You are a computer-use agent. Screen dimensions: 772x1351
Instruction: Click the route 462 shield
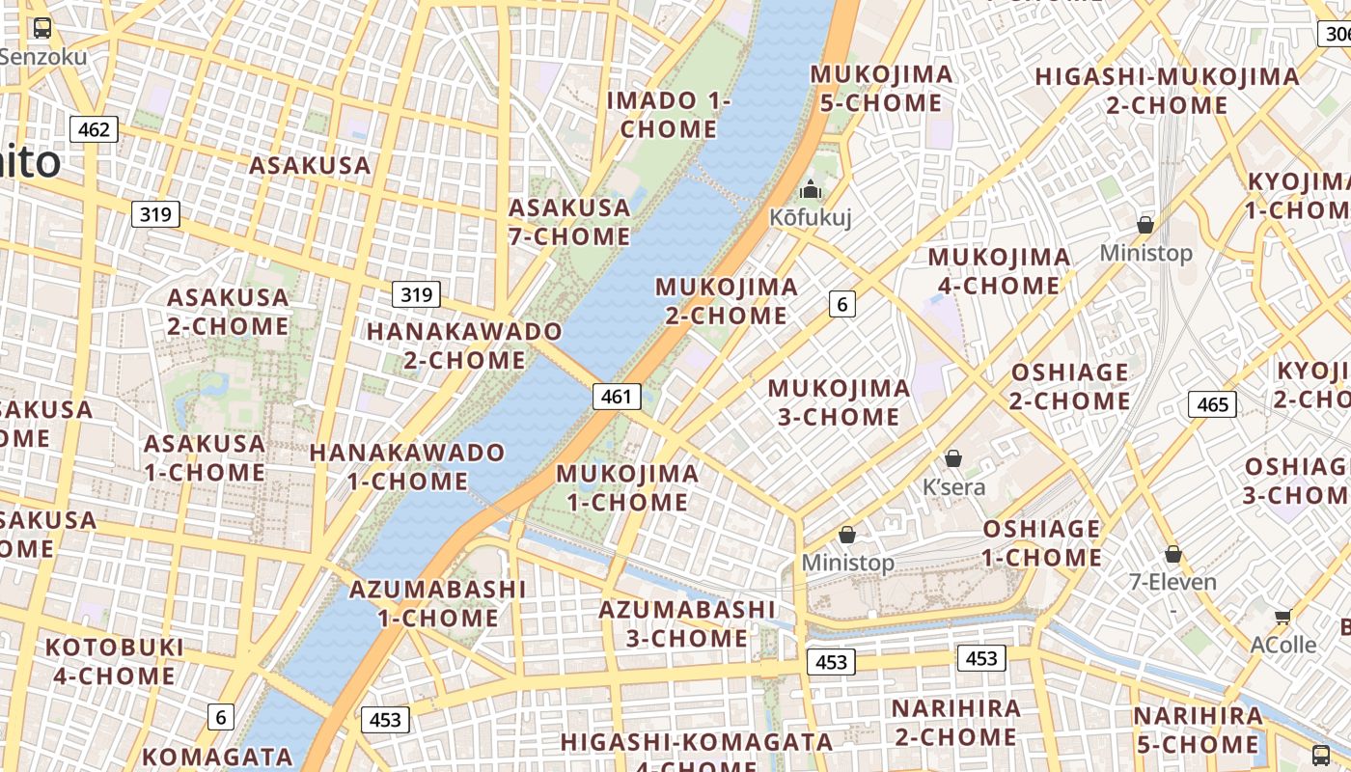point(94,129)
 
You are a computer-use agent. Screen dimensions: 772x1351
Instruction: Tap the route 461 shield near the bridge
point(616,396)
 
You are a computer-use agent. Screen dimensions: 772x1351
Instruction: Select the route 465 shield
point(1212,404)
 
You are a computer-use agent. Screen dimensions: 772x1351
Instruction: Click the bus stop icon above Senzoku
point(42,28)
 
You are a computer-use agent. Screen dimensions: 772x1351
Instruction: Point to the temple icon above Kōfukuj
point(811,189)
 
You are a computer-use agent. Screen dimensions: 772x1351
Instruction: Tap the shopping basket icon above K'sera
point(953,457)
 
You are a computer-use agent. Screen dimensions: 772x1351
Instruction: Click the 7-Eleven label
point(1172,582)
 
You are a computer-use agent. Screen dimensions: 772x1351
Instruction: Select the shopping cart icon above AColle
point(1282,617)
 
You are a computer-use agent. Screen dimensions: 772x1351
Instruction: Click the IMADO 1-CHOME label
point(669,115)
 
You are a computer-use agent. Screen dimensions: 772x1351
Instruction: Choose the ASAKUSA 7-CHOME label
point(569,222)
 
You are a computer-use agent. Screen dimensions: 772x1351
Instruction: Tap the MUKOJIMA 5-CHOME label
point(880,88)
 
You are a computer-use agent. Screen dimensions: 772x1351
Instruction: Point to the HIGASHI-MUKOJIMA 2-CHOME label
point(1167,91)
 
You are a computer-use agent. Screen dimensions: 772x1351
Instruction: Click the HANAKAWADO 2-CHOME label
point(464,345)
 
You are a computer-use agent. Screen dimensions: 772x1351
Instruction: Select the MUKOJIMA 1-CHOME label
point(627,487)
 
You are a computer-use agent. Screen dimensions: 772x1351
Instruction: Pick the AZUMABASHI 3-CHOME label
point(686,623)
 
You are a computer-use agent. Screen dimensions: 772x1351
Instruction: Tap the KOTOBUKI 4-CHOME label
point(114,661)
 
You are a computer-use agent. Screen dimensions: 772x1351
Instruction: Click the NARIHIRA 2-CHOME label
point(955,723)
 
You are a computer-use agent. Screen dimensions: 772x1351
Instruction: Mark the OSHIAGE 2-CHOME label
point(1069,386)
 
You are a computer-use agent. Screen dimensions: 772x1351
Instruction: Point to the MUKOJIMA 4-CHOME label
point(999,271)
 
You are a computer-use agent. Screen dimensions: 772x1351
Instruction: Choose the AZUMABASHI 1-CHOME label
point(438,603)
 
